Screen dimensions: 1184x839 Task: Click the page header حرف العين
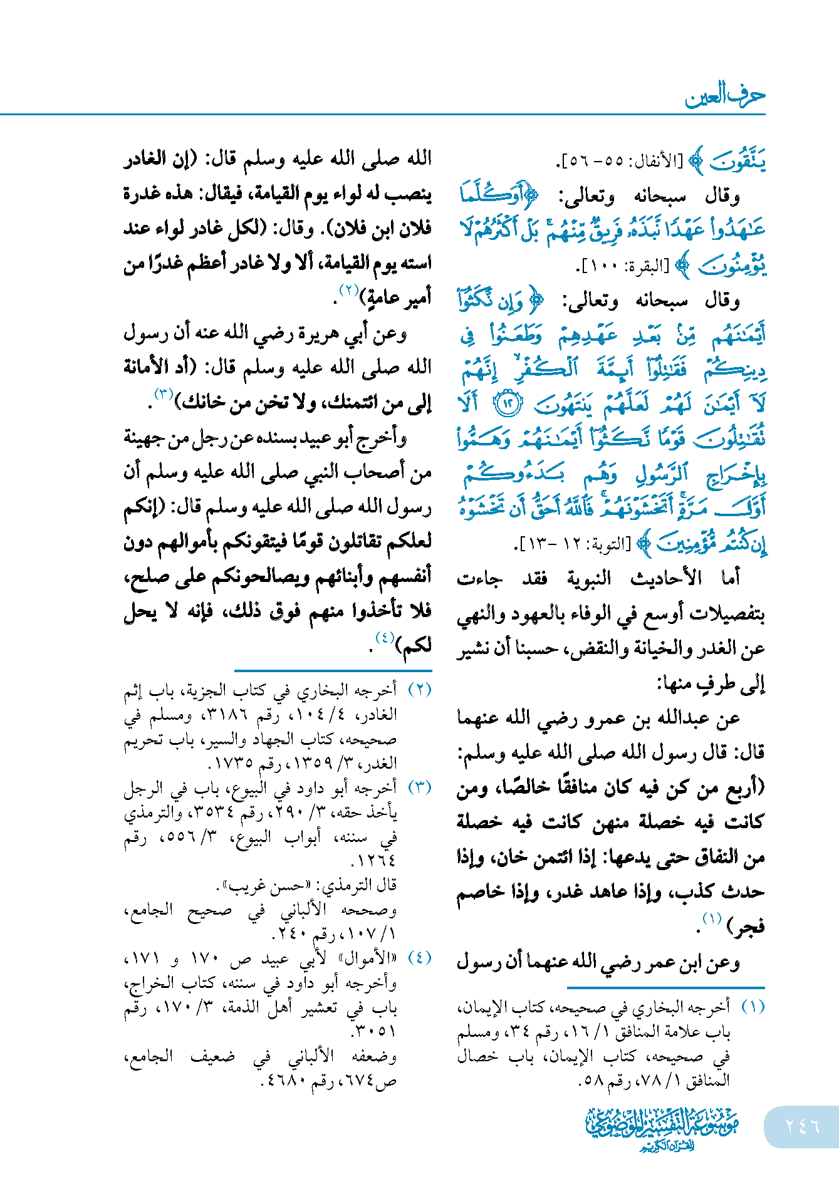724,96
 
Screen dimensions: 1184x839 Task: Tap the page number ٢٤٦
803,1126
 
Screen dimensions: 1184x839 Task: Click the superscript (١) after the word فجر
712,919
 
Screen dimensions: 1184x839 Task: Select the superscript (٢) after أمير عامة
348,289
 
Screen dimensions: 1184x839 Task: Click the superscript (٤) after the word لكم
384,638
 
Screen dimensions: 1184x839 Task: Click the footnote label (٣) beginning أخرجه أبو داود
420,787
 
